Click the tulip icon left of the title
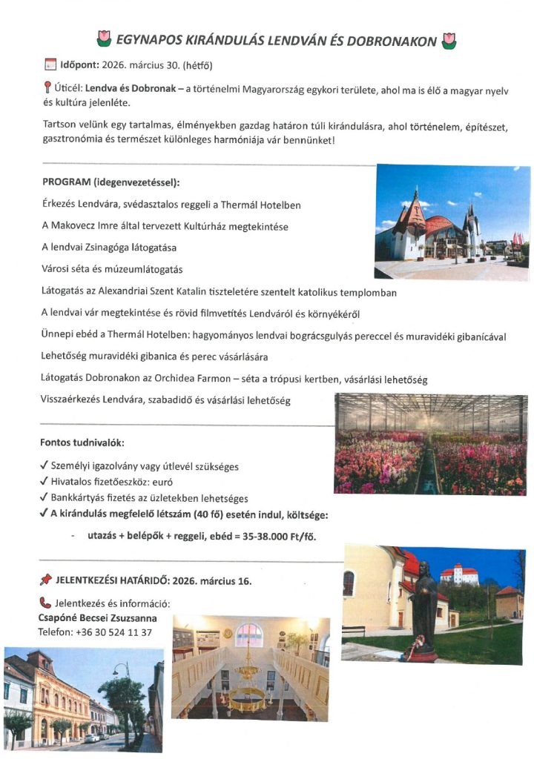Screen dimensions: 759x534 point(104,40)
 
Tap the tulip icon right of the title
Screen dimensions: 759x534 point(448,40)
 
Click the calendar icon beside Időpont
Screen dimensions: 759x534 point(50,64)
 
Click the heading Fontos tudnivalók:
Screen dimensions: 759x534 point(82,443)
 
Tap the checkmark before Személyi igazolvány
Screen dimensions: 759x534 point(44,466)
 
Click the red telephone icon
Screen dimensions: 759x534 point(44,603)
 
